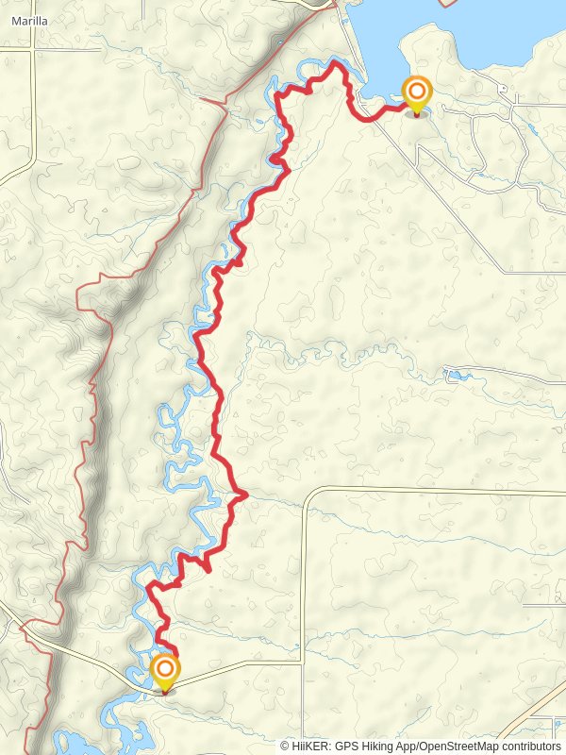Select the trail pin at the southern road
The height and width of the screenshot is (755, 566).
pyautogui.click(x=165, y=672)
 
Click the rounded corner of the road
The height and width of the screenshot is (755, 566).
pyautogui.click(x=311, y=492)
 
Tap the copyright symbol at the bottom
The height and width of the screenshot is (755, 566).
pyautogui.click(x=285, y=746)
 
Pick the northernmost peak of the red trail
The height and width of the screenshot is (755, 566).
pyautogui.click(x=334, y=63)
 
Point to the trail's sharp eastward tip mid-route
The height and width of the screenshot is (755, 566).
pyautogui.click(x=245, y=493)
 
